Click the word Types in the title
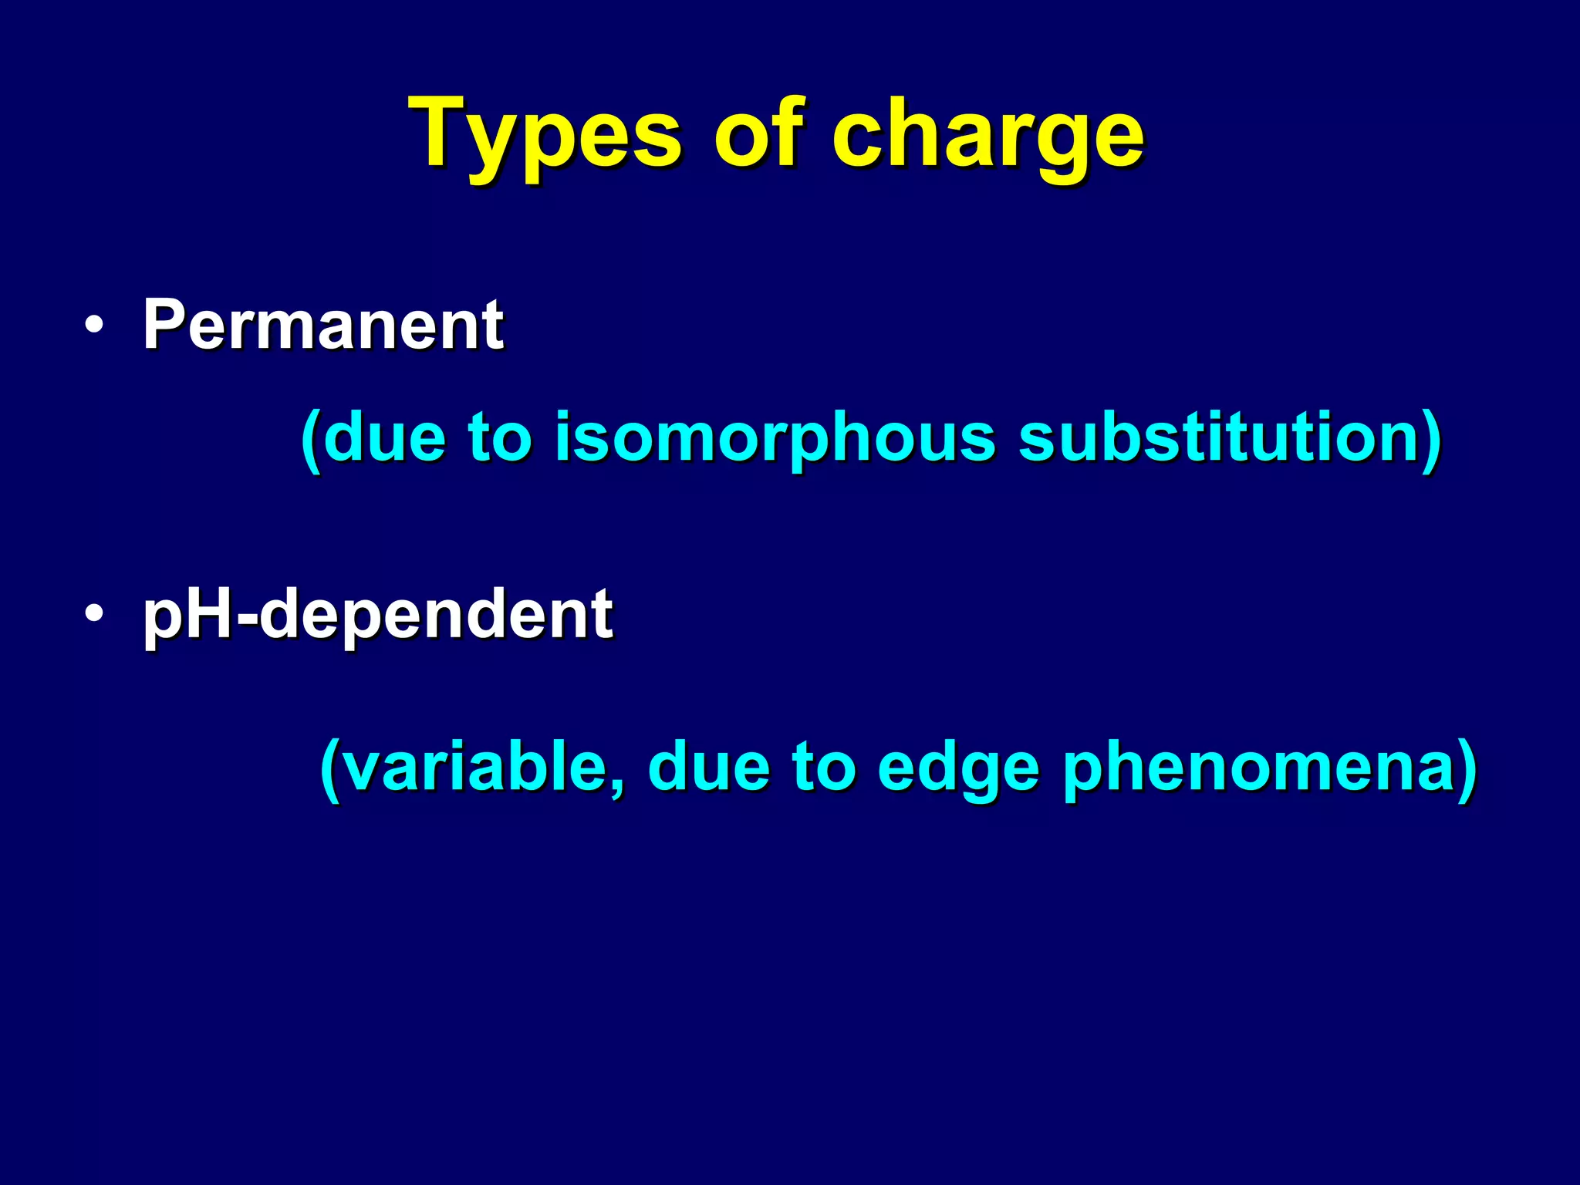point(548,137)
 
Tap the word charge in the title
point(987,137)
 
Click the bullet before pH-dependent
point(94,615)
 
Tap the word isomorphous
point(775,438)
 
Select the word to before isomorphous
point(501,438)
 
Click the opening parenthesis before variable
point(329,768)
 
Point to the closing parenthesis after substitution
point(1431,440)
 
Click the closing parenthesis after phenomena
point(1467,768)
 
